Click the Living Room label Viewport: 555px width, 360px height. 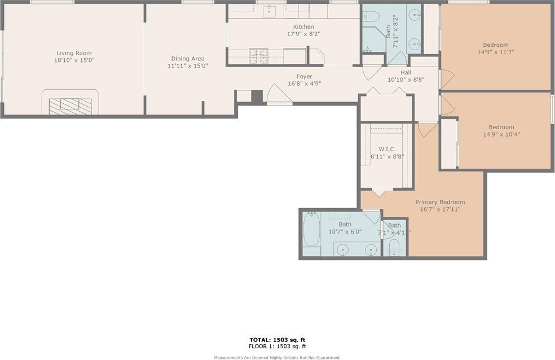click(74, 53)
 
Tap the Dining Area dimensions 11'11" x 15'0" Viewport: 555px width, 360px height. click(188, 66)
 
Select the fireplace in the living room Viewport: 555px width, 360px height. click(70, 102)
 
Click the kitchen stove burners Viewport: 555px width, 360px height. click(258, 56)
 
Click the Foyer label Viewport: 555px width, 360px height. click(305, 77)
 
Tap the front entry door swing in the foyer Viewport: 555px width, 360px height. click(279, 95)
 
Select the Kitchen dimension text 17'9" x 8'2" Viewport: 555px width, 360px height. click(303, 34)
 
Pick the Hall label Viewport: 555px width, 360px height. click(406, 73)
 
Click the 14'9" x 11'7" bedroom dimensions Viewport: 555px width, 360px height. click(496, 52)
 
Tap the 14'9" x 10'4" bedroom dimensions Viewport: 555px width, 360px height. click(501, 134)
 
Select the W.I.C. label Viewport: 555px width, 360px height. click(387, 150)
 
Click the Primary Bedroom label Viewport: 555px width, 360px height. click(440, 202)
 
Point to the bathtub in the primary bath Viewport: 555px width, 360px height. click(312, 229)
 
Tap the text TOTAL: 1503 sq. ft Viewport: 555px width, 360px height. click(277, 340)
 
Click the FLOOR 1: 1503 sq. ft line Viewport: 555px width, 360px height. click(277, 346)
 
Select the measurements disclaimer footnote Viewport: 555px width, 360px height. click(277, 358)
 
